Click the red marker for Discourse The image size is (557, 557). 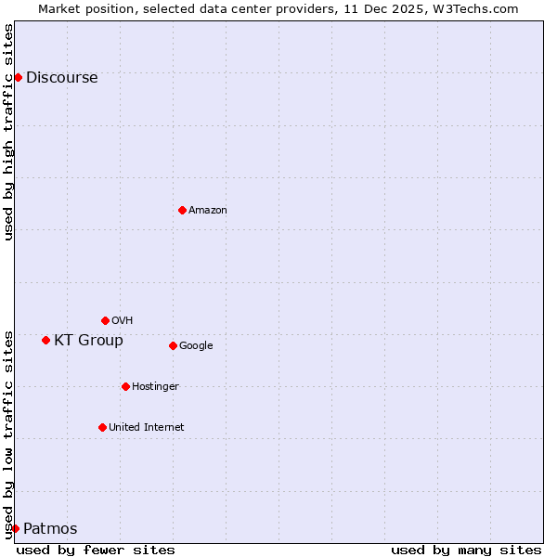18,77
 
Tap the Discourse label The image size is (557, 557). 61,78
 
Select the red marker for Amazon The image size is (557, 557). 182,210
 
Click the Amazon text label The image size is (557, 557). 207,211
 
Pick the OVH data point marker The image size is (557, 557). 105,320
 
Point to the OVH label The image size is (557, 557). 122,321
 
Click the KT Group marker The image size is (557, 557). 45,340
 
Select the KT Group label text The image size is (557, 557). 88,341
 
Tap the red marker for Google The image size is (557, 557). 173,345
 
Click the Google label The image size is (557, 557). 196,346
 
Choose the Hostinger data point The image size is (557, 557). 125,386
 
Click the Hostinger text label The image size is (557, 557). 155,387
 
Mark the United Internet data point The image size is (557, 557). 102,427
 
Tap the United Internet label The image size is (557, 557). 146,428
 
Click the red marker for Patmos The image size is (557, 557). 15,528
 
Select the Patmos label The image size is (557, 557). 50,529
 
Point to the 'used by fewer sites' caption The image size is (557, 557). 96,550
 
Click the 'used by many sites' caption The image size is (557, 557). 466,550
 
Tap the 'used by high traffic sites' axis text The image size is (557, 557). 8,132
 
